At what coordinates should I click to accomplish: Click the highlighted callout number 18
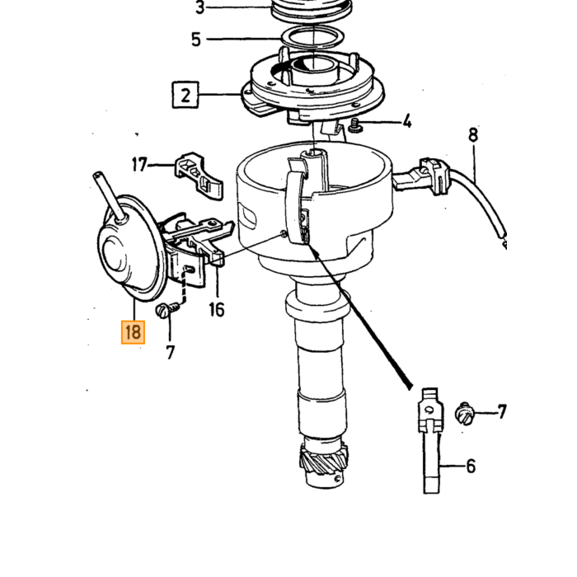pyautogui.click(x=133, y=332)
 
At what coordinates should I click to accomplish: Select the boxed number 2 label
pyautogui.click(x=185, y=95)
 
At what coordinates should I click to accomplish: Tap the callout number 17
pyautogui.click(x=139, y=165)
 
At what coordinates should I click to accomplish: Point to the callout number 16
pyautogui.click(x=216, y=309)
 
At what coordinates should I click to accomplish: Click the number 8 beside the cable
pyautogui.click(x=473, y=134)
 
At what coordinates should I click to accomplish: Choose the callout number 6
pyautogui.click(x=471, y=467)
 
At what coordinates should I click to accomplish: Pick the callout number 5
pyautogui.click(x=196, y=40)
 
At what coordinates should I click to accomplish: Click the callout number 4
pyautogui.click(x=406, y=121)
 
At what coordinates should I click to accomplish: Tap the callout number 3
pyautogui.click(x=199, y=7)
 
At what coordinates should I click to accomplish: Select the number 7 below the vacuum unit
pyautogui.click(x=170, y=353)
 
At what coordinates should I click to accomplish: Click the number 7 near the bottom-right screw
pyautogui.click(x=502, y=412)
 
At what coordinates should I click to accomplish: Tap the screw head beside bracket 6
pyautogui.click(x=464, y=415)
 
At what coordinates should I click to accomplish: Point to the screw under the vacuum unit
pyautogui.click(x=167, y=309)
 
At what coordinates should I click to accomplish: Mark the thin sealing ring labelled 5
pyautogui.click(x=313, y=38)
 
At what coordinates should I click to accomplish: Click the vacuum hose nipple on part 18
pyautogui.click(x=110, y=197)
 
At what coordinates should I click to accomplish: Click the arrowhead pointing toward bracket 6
pyautogui.click(x=408, y=384)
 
